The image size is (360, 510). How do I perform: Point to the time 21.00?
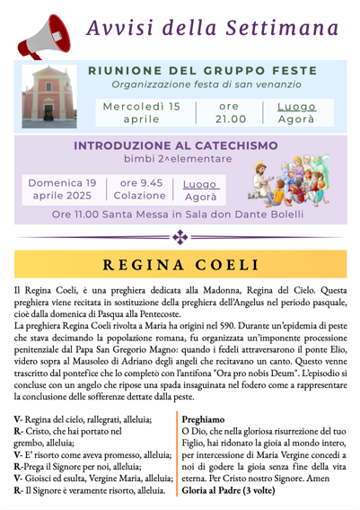point(230,119)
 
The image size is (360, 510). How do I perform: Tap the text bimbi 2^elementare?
point(178,159)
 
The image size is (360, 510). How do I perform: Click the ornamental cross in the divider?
point(180,237)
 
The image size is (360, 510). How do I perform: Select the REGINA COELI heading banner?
point(180,265)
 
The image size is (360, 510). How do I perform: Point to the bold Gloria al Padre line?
point(231,492)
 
